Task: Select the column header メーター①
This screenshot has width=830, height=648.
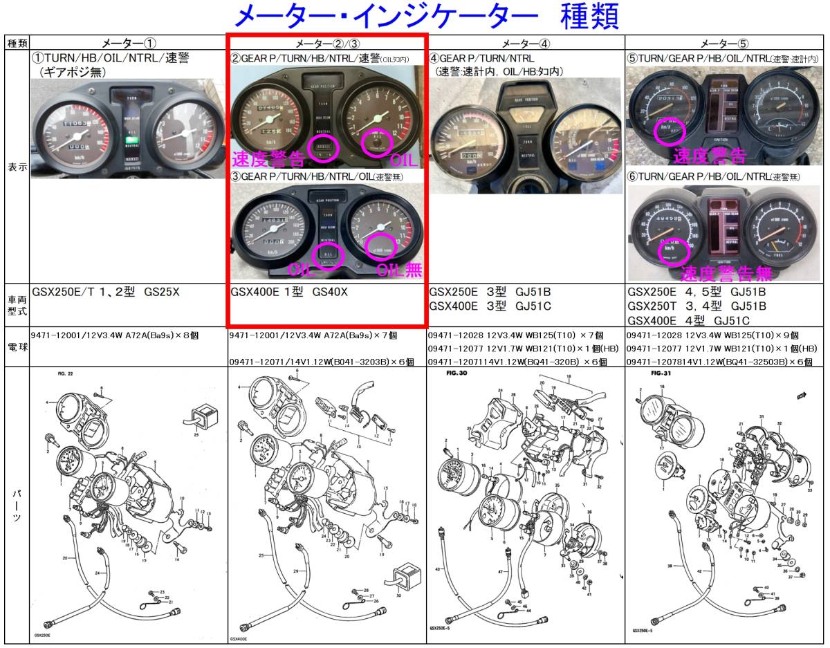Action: point(129,43)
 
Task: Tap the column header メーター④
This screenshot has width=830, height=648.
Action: point(526,43)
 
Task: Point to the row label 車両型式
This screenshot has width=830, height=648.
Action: point(17,305)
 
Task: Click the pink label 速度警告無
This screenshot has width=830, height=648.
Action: point(726,273)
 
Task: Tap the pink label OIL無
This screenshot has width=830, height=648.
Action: point(399,269)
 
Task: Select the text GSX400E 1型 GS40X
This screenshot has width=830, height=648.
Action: point(289,292)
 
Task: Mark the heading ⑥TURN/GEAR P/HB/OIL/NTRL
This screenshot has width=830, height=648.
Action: point(712,177)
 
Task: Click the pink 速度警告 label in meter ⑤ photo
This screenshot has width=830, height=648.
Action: point(709,154)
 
